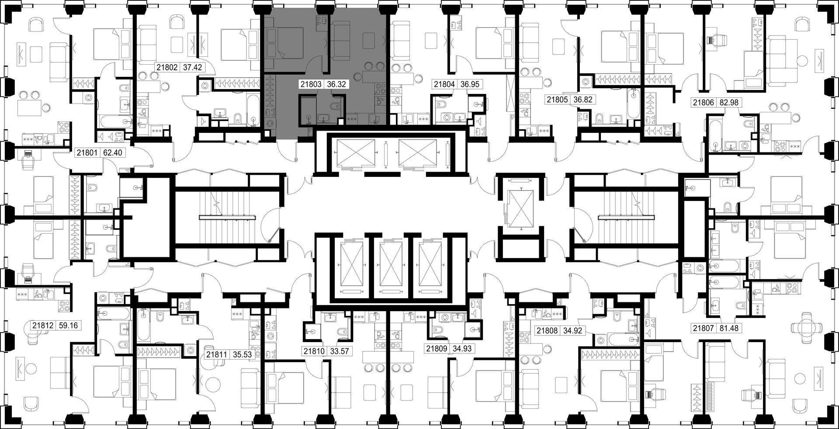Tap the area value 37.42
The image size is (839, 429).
pyautogui.click(x=192, y=68)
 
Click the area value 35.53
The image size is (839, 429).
pyautogui.click(x=242, y=355)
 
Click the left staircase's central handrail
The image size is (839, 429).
pyautogui.click(x=227, y=217)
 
